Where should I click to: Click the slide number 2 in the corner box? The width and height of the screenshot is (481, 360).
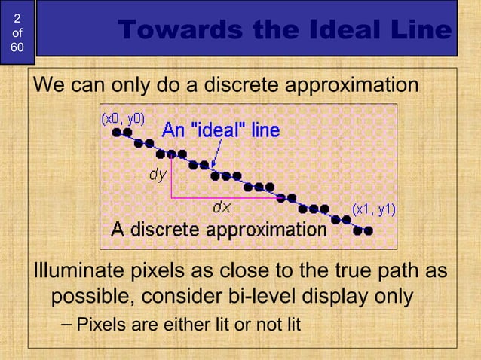(x=17, y=17)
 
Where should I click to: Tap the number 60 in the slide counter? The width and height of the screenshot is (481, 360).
(x=17, y=47)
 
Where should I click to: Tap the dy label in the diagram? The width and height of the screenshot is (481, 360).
(x=157, y=175)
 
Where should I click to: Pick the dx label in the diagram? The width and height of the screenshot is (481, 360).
(x=221, y=206)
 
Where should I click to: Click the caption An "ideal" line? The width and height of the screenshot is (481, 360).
(x=221, y=130)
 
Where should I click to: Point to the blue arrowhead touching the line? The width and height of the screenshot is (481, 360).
(x=214, y=166)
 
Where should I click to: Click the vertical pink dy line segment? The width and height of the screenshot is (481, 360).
(x=171, y=177)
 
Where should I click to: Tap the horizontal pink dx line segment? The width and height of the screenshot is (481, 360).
(x=226, y=197)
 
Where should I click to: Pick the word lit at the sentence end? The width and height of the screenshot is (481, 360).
(x=290, y=325)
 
